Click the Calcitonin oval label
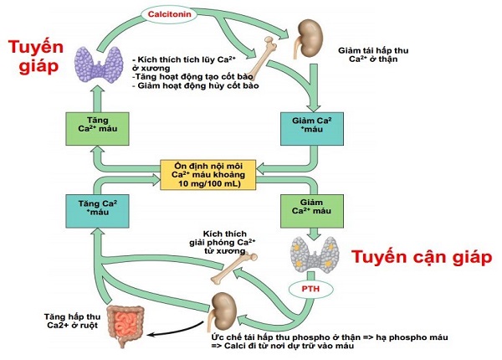tap(169, 14)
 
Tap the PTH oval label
tap(310, 289)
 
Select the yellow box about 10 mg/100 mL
tap(207, 175)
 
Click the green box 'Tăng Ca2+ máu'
tap(97, 128)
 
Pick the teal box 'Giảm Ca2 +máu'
tap(312, 128)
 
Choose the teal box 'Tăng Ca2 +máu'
tap(97, 211)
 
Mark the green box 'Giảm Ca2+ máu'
tap(312, 211)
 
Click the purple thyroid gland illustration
tap(99, 64)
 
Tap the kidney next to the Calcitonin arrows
tap(307, 38)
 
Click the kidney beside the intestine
tap(223, 310)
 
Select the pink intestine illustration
tap(125, 326)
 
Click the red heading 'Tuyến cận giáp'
tap(422, 256)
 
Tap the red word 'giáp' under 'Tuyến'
tap(38, 66)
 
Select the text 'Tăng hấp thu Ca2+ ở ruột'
tap(72, 321)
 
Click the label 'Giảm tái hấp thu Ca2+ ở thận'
tap(373, 54)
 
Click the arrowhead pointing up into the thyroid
tap(97, 90)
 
